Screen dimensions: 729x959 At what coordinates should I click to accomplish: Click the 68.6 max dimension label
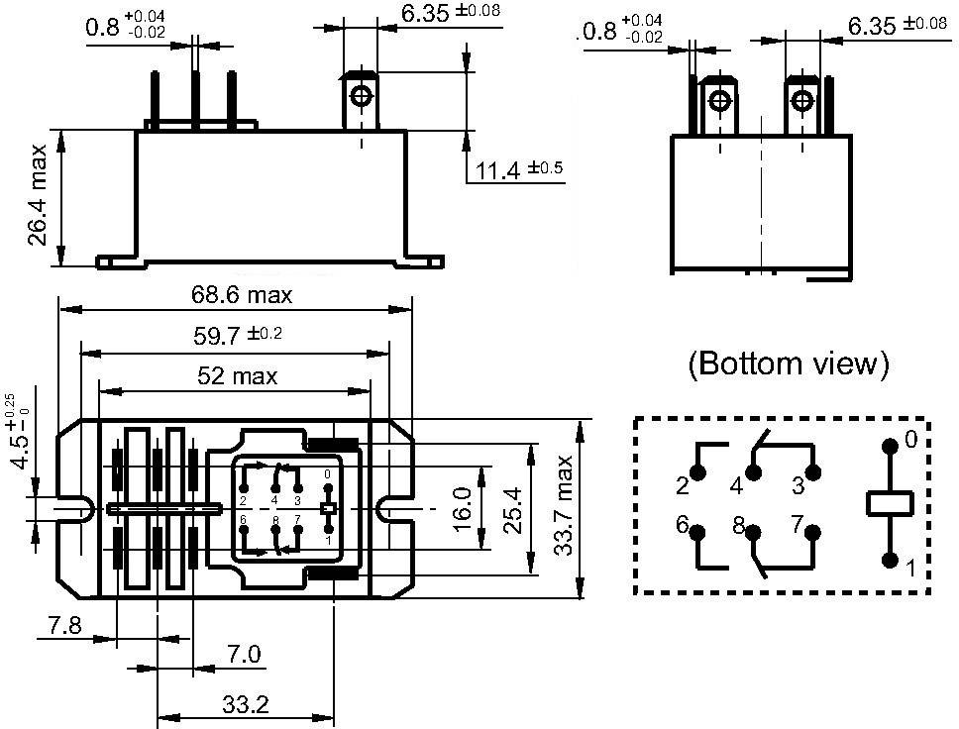click(242, 295)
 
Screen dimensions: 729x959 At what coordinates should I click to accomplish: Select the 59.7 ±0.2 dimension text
click(238, 336)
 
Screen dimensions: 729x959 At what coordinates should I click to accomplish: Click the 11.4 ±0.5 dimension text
click(518, 170)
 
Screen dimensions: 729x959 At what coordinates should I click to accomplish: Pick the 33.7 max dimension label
click(565, 506)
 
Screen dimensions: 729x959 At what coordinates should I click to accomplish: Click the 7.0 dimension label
click(243, 654)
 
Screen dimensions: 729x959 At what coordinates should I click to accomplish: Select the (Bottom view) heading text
click(789, 364)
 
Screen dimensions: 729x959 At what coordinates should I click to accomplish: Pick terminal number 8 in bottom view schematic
click(738, 526)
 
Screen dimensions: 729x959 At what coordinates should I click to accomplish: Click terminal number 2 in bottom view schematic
click(682, 485)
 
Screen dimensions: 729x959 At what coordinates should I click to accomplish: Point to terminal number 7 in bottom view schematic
click(796, 525)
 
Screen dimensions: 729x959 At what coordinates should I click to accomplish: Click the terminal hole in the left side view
click(361, 97)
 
